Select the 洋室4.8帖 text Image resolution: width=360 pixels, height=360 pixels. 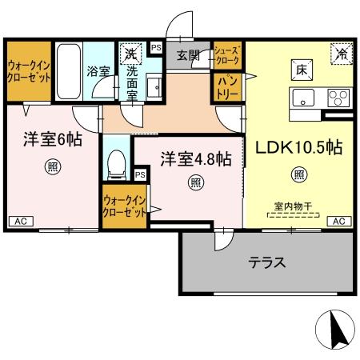pyautogui.click(x=195, y=159)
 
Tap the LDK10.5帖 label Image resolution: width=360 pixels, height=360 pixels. pyautogui.click(x=299, y=148)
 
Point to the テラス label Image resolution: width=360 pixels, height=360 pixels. pyautogui.click(x=267, y=262)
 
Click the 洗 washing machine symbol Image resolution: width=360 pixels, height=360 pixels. pyautogui.click(x=130, y=54)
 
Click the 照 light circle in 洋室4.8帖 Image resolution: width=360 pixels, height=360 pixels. pyautogui.click(x=195, y=182)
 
